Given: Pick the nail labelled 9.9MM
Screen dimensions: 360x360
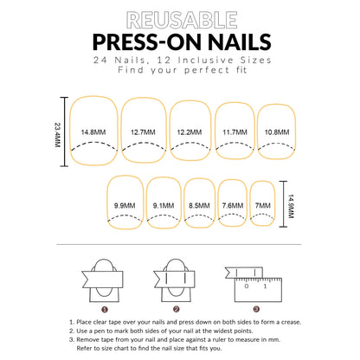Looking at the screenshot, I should (x=125, y=206).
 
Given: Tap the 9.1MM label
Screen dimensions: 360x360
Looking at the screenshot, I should (x=163, y=206).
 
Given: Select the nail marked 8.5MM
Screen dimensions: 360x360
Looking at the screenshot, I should (x=198, y=206).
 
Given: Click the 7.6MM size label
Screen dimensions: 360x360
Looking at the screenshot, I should (x=232, y=206).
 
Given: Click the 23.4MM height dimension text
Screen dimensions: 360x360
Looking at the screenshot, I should (x=58, y=132).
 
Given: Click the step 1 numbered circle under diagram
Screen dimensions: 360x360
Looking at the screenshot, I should (x=104, y=308).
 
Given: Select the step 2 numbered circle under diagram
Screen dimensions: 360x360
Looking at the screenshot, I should (x=177, y=308).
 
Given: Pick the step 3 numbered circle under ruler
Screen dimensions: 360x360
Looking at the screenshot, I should (x=256, y=308).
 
